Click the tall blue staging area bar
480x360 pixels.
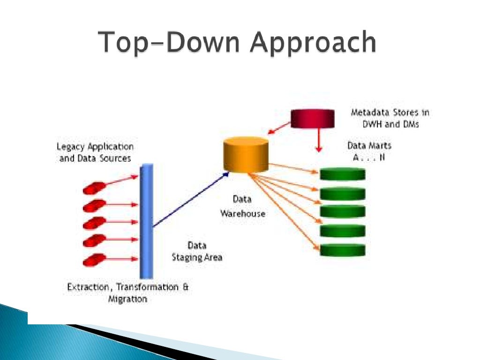[x=146, y=220]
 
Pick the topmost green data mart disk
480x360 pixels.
[x=342, y=174]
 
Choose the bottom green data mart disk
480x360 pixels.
[x=342, y=249]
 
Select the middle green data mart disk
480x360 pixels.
[x=342, y=211]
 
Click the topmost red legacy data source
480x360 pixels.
[x=94, y=187]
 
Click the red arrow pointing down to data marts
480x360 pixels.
[x=319, y=138]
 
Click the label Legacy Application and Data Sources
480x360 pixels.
[x=95, y=153]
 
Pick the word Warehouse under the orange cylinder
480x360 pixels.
[x=242, y=214]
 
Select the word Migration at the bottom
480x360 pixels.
[x=127, y=299]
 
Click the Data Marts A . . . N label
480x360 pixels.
[x=369, y=151]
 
